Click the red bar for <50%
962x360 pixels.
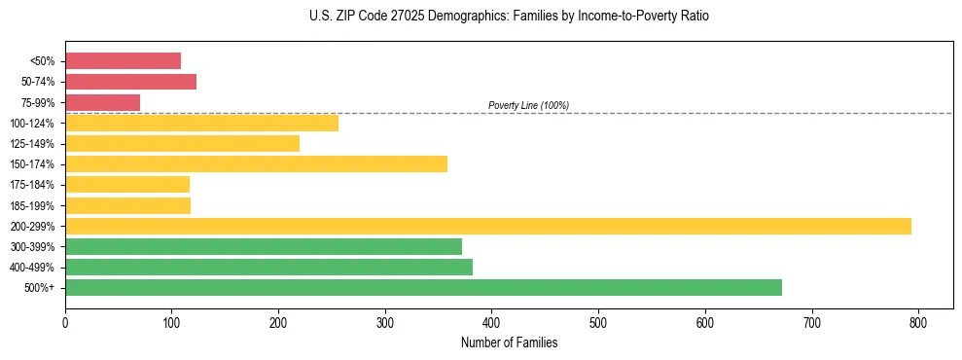123,61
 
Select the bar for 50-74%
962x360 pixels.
130,82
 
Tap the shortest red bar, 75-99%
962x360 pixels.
102,102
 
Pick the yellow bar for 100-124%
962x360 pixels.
201,123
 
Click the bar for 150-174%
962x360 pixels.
256,163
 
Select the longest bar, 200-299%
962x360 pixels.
488,226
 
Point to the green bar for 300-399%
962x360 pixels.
264,246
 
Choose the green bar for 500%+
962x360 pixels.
423,287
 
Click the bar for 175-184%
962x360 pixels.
127,184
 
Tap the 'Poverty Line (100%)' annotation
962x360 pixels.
528,105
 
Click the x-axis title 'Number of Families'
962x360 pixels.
509,342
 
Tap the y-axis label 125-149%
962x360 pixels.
33,144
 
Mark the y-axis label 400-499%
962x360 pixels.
33,268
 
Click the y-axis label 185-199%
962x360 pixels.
33,205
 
